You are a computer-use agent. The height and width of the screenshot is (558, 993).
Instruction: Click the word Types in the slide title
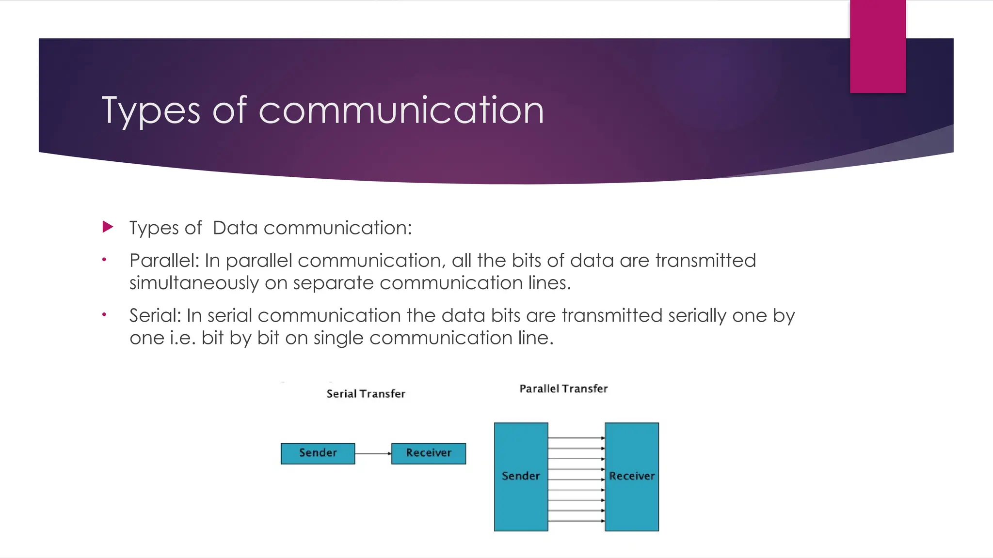150,111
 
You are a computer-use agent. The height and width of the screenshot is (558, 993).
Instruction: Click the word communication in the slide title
401,110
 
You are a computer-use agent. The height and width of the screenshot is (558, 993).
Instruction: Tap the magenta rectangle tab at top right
878,46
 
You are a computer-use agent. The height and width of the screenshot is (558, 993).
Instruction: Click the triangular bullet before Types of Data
108,227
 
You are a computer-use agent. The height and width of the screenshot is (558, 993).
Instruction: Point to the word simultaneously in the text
194,283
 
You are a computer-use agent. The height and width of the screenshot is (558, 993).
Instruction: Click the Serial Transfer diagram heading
366,394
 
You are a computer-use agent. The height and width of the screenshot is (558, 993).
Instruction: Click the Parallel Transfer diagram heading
563,388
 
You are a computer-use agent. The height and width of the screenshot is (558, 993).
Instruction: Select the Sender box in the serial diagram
318,453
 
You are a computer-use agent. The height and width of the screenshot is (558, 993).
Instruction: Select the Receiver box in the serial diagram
429,453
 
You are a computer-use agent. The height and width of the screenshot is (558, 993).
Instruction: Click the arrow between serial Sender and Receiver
373,453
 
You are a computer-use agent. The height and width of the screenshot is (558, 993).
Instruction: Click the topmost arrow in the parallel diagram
576,438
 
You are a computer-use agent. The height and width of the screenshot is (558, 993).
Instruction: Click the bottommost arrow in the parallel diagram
576,521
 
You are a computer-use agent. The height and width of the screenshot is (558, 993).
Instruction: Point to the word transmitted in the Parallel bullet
705,261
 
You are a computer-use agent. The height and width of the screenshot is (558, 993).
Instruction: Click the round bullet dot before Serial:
104,315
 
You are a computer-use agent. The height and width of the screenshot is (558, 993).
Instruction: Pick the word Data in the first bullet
235,228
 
